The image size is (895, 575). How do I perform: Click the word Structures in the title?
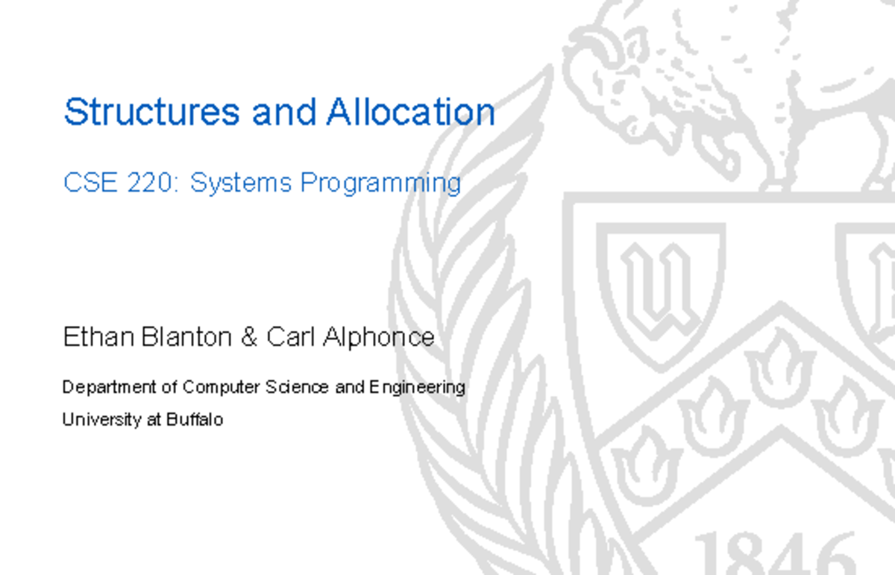click(x=151, y=113)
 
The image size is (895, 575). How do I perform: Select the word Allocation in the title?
click(x=410, y=113)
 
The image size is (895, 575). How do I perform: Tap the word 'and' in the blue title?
click(x=284, y=113)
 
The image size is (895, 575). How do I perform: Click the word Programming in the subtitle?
click(x=380, y=183)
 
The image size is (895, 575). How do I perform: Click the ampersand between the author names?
click(x=248, y=337)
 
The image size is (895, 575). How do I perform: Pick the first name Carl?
click(x=291, y=337)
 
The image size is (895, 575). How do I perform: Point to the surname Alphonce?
click(x=378, y=338)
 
